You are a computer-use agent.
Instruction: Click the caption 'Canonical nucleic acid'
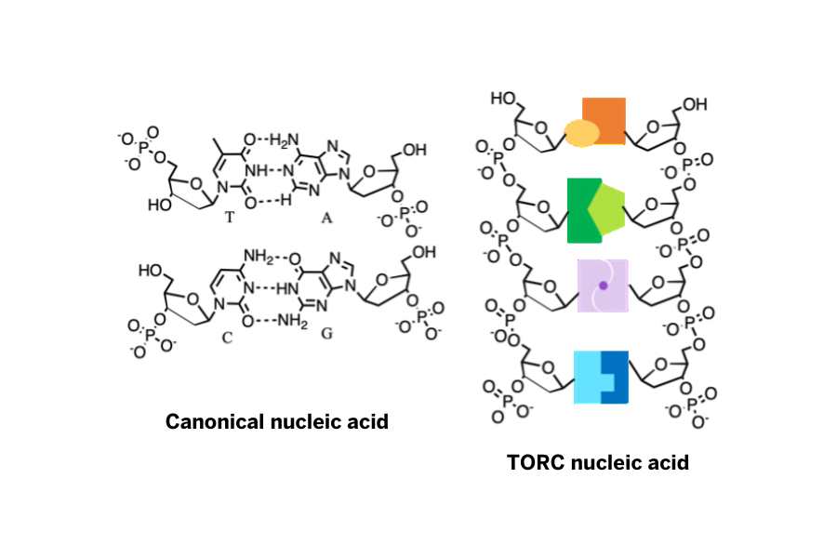276,422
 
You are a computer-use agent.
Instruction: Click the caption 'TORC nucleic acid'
598,461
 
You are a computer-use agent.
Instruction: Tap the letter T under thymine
229,217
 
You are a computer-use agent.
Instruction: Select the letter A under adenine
326,217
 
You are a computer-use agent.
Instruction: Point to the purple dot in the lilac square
603,286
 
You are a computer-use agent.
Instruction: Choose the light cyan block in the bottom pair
588,378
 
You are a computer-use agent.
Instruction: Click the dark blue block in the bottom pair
617,378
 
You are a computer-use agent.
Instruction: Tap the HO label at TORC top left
503,98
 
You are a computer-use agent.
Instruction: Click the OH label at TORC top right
694,103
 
